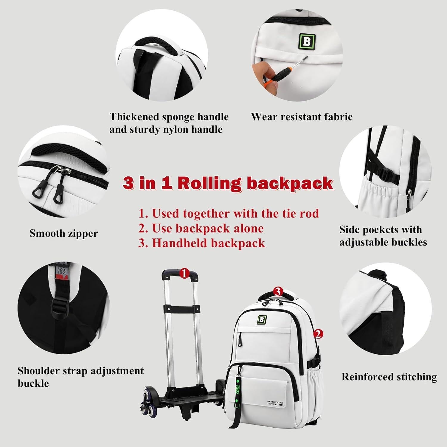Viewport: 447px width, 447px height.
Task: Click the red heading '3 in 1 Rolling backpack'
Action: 228,183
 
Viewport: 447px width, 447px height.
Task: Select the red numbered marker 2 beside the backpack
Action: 318,334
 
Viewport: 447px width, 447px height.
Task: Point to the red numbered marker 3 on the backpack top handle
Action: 278,291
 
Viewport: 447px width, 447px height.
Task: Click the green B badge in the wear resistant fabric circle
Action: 307,42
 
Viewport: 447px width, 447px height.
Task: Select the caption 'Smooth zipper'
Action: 63,233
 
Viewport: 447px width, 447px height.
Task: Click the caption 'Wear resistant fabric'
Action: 302,117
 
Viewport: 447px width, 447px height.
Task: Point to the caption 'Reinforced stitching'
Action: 389,377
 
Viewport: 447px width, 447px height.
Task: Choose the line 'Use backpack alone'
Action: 201,228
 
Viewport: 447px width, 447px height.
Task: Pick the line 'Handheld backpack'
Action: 202,243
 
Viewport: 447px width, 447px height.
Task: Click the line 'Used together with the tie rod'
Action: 229,213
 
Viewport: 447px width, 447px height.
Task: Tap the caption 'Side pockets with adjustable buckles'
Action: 383,236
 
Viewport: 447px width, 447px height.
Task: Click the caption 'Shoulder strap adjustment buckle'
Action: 80,377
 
